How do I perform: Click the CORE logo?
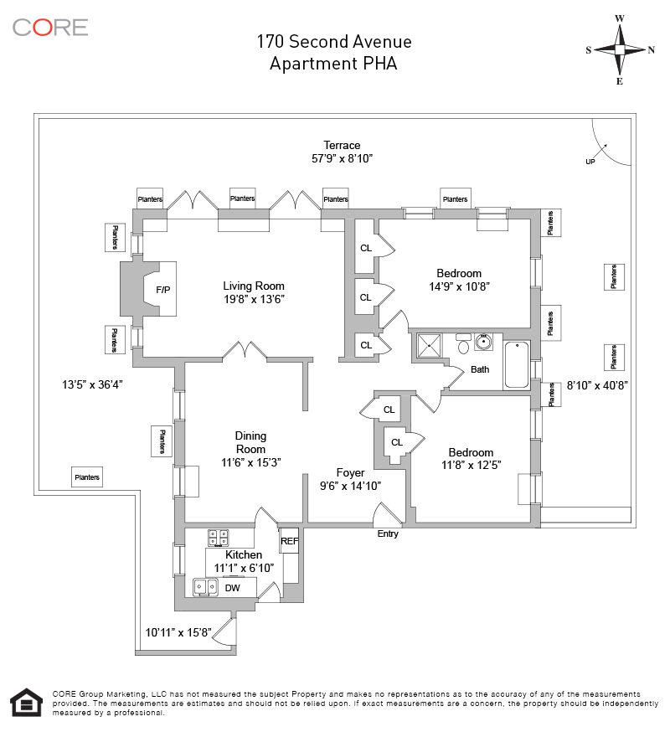tap(50, 27)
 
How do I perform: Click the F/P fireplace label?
tap(162, 290)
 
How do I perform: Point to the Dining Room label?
tap(250, 442)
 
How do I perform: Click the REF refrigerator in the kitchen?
tap(289, 541)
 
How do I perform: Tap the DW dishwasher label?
tap(233, 588)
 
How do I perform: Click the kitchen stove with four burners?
tap(219, 536)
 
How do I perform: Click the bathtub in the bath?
tap(517, 365)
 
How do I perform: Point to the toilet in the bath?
tap(463, 344)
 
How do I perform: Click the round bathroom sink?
tap(483, 342)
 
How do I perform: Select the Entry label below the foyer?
tap(388, 533)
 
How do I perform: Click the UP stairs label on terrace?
tap(590, 162)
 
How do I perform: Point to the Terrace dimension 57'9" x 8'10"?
tap(343, 157)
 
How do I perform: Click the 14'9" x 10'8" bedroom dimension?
tap(458, 286)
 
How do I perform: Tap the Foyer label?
tap(351, 472)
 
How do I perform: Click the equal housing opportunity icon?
tap(25, 703)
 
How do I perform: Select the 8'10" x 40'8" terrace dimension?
tap(597, 385)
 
